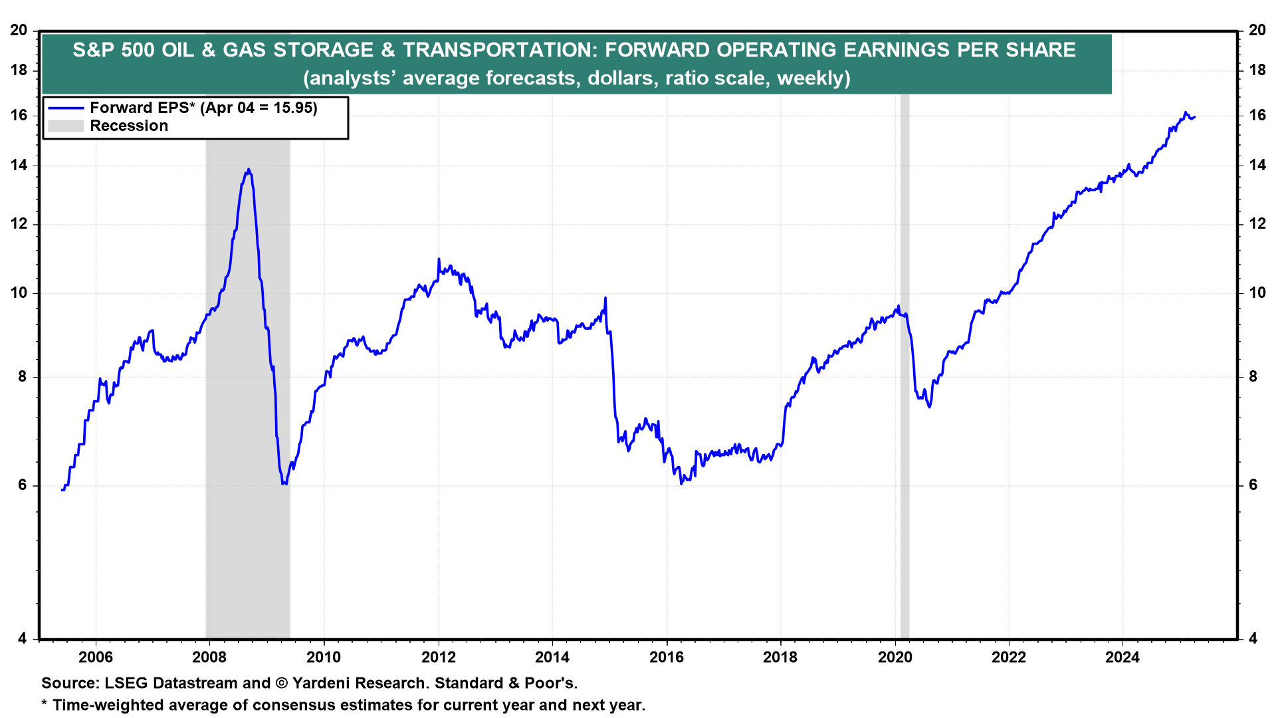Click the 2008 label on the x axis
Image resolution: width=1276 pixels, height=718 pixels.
point(209,658)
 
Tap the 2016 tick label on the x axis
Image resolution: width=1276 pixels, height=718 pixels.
point(666,658)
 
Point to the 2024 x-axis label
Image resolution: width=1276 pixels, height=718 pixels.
point(1122,658)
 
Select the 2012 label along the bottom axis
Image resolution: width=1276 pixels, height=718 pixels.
point(438,658)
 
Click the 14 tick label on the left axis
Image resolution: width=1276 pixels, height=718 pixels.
point(19,166)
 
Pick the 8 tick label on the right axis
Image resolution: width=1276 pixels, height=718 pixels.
point(1253,377)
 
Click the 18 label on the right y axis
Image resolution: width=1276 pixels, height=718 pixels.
point(1257,70)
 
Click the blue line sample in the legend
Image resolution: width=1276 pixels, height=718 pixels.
point(66,108)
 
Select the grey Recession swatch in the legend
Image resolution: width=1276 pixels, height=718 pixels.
point(66,126)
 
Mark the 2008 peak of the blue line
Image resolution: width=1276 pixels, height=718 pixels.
point(248,170)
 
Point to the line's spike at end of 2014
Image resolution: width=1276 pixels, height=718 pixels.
point(605,299)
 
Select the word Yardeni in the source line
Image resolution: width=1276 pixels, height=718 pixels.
point(322,683)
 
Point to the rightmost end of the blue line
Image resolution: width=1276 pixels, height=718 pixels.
point(1195,117)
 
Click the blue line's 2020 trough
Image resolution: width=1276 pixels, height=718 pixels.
point(929,406)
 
